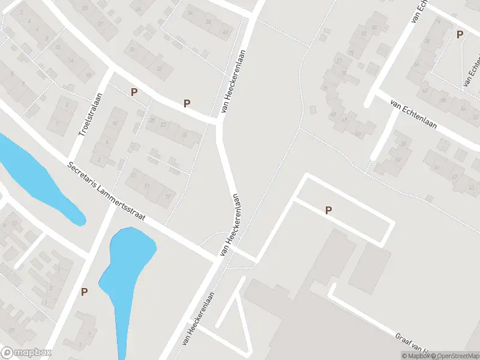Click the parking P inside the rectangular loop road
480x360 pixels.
tap(328, 210)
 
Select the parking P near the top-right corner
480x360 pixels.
tap(460, 35)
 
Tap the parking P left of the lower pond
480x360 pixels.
tap(84, 292)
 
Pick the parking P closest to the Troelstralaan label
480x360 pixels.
tap(134, 92)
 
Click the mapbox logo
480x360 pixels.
tap(26, 353)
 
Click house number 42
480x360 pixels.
tap(226, 32)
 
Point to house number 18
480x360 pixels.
tap(89, 74)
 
